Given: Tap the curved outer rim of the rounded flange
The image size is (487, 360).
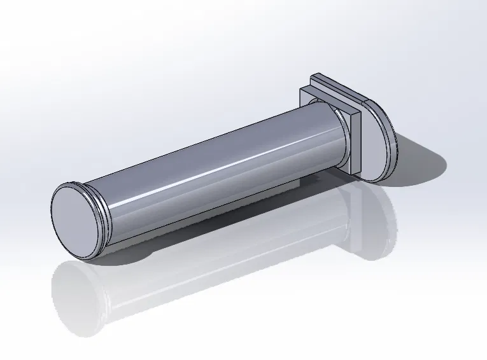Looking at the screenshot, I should coord(391,137).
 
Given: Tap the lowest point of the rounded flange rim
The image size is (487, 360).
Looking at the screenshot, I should coord(376,182).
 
